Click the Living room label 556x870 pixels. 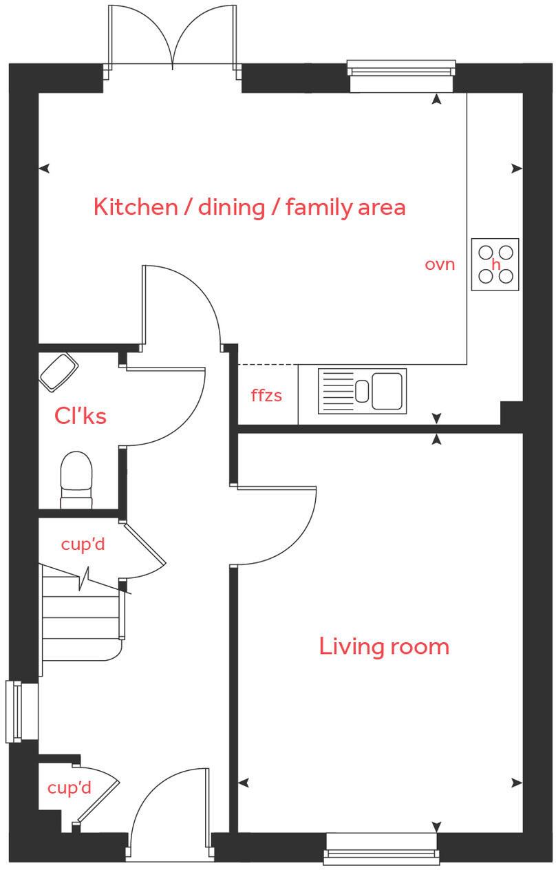click(x=383, y=646)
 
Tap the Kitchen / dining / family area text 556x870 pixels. click(x=249, y=206)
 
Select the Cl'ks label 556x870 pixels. click(x=81, y=416)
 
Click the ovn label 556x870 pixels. click(x=440, y=264)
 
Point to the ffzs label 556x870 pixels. click(x=266, y=396)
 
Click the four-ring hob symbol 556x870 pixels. click(x=495, y=264)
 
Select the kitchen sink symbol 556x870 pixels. click(x=362, y=391)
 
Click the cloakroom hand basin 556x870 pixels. click(x=58, y=372)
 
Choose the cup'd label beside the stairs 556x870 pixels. click(x=83, y=544)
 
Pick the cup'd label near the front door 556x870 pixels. click(x=69, y=787)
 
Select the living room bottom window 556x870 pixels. click(x=381, y=848)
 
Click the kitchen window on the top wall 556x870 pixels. click(x=401, y=76)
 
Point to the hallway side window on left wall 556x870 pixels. click(x=21, y=712)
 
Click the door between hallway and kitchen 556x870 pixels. click(x=182, y=303)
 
